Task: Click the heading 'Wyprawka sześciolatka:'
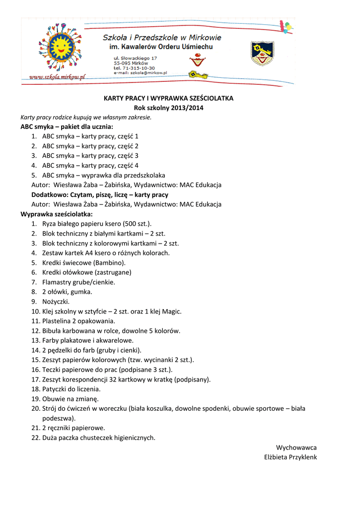[56, 214]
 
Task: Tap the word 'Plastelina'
[58, 321]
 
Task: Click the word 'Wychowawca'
[296, 447]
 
